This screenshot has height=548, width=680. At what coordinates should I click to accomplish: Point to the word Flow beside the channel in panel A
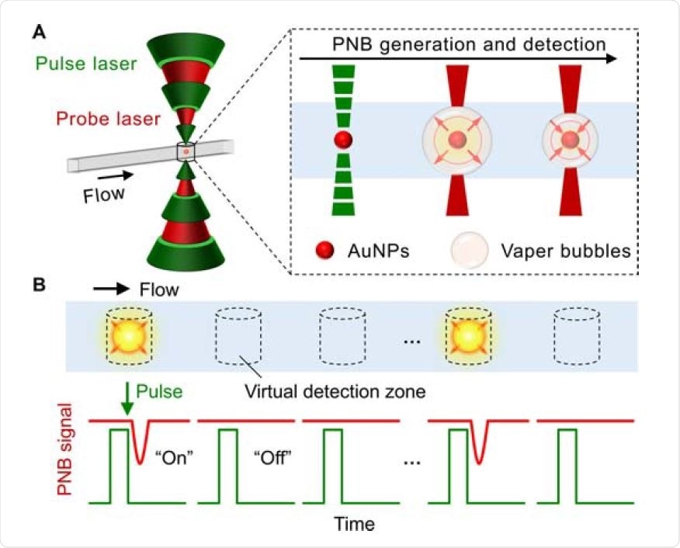[104, 192]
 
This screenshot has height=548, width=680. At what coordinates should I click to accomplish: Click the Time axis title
[353, 524]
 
